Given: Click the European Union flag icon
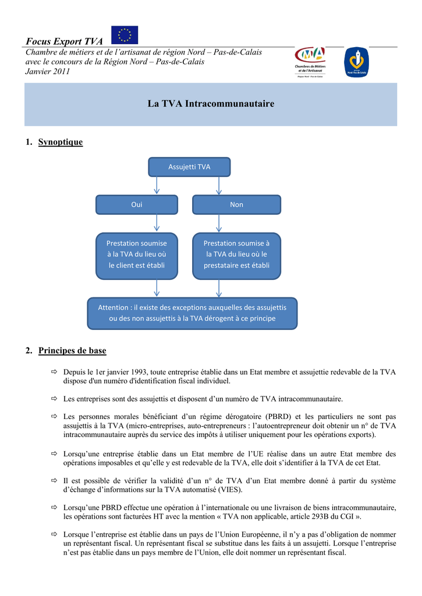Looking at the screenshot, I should coord(125,35).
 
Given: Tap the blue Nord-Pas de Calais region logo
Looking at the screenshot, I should coord(356,62).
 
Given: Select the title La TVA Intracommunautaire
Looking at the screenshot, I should coord(211,104).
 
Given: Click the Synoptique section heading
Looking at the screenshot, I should coord(61,142).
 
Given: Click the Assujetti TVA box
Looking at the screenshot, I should coord(189,167).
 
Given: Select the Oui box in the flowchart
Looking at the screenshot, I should coord(137,205).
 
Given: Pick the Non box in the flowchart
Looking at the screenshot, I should coord(236,205).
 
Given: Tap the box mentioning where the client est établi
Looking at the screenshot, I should coord(137,254).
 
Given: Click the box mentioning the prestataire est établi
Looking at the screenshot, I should coord(236,254).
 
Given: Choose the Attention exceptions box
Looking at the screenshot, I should coord(192,313).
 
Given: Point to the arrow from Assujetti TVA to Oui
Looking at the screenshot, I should coord(157,186).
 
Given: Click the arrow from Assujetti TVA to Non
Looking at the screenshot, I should coord(219,186).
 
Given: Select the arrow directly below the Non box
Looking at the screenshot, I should coord(219,223).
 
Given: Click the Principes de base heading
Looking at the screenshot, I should coord(72,350).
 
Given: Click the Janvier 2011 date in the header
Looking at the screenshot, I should coord(47,72).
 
